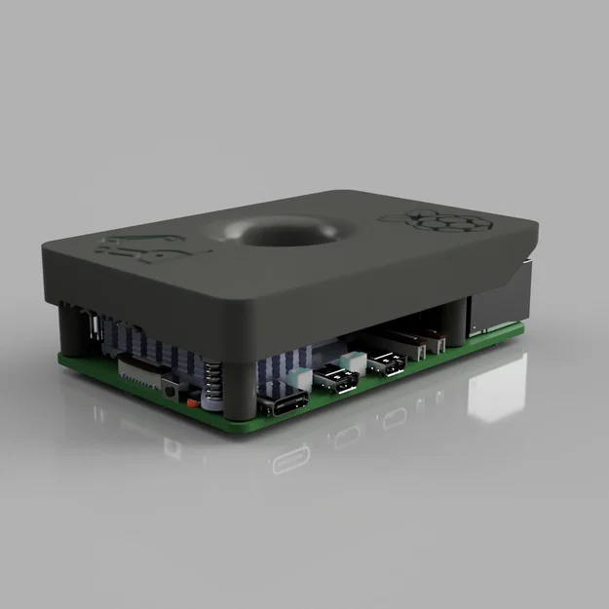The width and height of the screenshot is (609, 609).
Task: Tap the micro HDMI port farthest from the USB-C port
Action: [387, 363]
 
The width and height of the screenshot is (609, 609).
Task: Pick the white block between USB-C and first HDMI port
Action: [300, 379]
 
